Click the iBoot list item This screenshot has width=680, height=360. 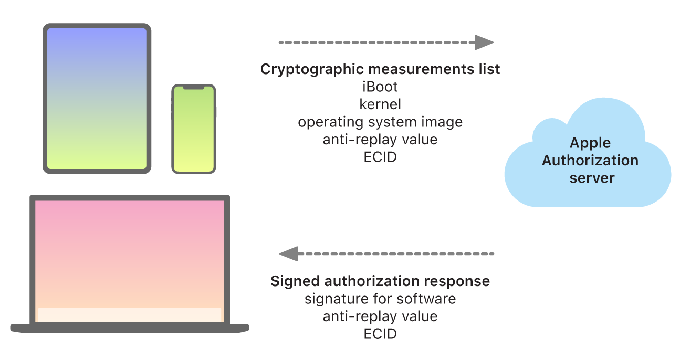point(380,86)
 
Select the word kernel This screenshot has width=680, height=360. point(380,104)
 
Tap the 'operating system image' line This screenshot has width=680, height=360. point(380,122)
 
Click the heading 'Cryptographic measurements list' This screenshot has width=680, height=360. point(380,69)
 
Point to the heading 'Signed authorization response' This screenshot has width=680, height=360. point(380,281)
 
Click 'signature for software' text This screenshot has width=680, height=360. point(380,299)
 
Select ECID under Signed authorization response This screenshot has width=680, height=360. point(380,334)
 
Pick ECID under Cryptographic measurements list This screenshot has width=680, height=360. point(380,157)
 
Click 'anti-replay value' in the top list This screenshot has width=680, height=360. point(380,140)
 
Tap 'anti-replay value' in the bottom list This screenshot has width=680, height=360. point(380,316)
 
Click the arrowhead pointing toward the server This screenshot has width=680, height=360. point(484,42)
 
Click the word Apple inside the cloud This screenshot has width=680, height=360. point(590,143)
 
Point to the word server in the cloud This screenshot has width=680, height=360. point(592,178)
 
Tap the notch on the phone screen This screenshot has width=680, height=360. point(194,88)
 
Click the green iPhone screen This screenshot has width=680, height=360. point(194,131)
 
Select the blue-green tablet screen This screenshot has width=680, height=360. point(97,98)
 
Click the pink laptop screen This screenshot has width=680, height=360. point(130,252)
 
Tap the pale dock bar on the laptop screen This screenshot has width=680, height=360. point(130,314)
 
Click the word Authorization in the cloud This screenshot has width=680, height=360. point(590,160)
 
